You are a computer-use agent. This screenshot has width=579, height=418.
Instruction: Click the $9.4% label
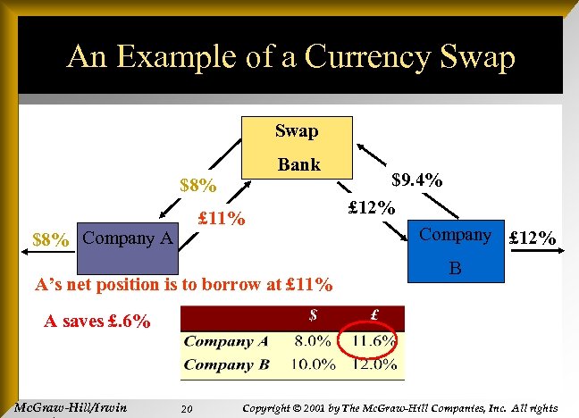coord(419,180)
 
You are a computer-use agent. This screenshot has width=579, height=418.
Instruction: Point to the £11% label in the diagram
coord(221,218)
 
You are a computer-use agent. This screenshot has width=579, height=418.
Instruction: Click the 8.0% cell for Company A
coord(312,340)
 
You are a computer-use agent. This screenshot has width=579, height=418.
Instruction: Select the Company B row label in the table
coord(226,364)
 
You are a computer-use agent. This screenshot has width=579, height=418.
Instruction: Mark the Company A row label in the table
coord(226,340)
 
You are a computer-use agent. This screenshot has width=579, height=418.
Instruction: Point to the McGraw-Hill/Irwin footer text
coord(71,408)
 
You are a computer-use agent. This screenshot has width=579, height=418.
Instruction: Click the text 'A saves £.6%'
coord(97,320)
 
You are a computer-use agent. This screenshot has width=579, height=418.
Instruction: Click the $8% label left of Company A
coord(49,239)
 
